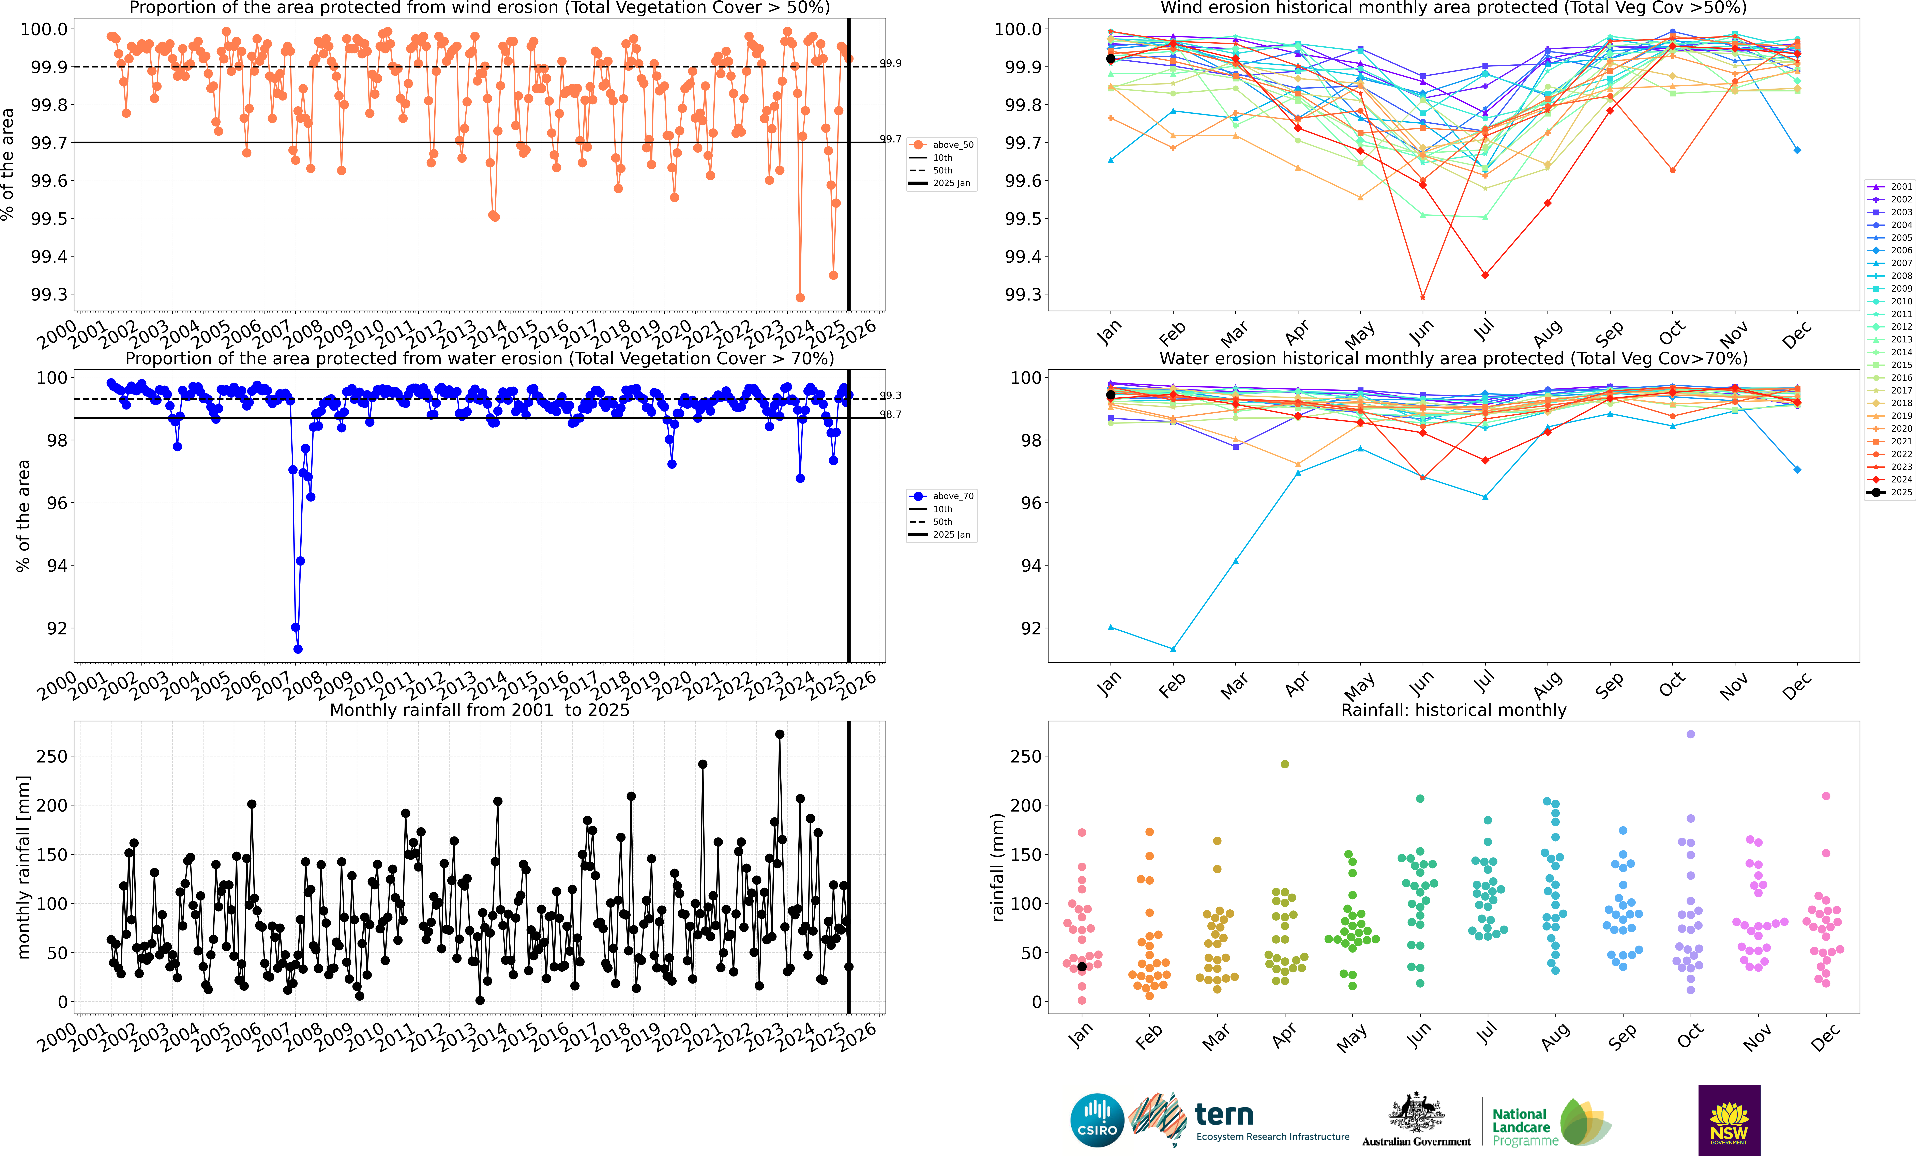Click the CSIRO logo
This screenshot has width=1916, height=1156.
1096,1120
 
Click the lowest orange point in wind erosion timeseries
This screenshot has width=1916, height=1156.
800,298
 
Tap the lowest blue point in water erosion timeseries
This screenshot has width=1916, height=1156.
298,649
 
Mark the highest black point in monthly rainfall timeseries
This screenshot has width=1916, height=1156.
780,734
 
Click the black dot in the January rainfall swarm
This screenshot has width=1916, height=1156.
1082,966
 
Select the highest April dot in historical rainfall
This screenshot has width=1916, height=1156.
1285,764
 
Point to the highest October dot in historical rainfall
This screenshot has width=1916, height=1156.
1690,734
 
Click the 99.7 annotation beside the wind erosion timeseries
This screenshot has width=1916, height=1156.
890,139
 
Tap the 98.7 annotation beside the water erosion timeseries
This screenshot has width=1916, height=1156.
890,414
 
